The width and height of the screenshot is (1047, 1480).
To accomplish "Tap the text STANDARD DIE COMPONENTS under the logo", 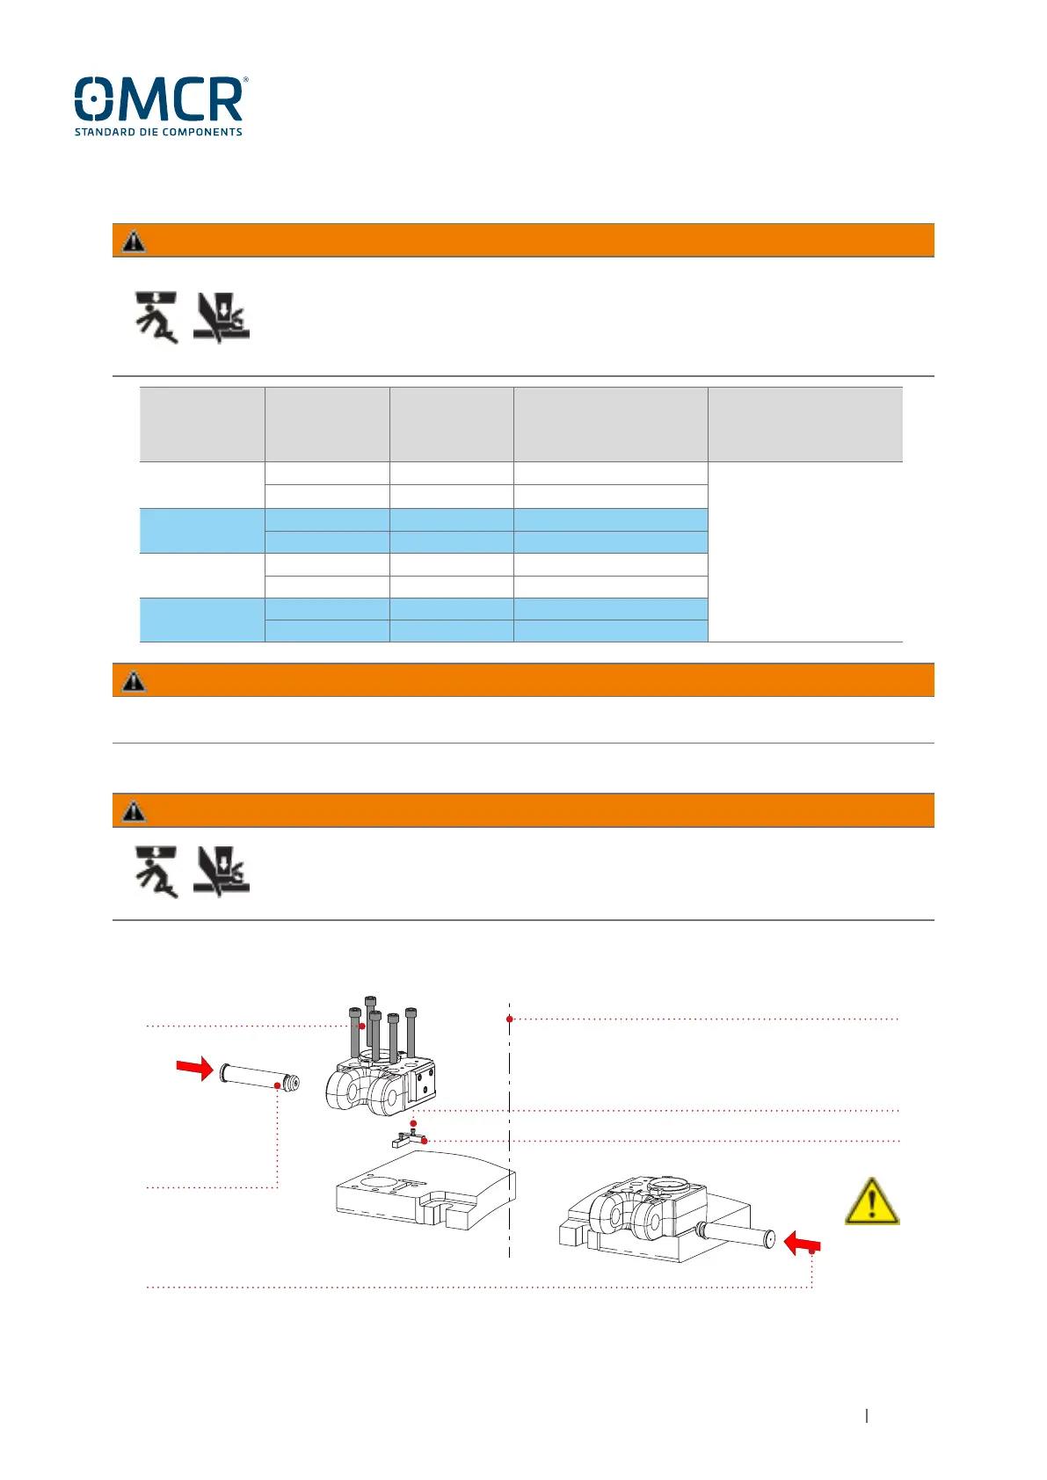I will pos(158,133).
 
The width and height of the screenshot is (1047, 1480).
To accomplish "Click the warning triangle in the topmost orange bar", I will pos(134,241).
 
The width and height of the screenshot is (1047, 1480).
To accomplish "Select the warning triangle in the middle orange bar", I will pos(134,680).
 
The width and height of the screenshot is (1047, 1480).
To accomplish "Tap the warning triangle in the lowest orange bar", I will pos(134,810).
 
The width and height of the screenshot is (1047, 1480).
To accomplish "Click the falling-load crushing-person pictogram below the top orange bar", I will pos(156,317).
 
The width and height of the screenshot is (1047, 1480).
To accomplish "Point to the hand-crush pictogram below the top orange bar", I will pos(221,317).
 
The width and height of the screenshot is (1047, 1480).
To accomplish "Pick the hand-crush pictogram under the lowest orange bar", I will pos(221,872).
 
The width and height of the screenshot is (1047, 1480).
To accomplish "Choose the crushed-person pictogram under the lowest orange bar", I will pos(156,872).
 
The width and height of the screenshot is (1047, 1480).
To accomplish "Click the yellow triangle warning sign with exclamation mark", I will pos(871,1202).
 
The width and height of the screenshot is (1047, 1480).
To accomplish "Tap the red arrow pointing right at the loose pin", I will pos(194,1068).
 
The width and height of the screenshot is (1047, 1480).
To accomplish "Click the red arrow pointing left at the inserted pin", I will pos(801,1243).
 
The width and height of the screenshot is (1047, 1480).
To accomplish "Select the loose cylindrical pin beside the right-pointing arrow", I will pos(259,1076).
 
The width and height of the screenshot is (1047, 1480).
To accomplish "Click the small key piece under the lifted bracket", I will pos(407,1141).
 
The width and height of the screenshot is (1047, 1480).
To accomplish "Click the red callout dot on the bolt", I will pos(361,1026).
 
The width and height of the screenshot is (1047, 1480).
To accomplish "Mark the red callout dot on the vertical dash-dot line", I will pos(510,1019).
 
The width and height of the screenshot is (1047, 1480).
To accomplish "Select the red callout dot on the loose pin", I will pos(278,1085).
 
